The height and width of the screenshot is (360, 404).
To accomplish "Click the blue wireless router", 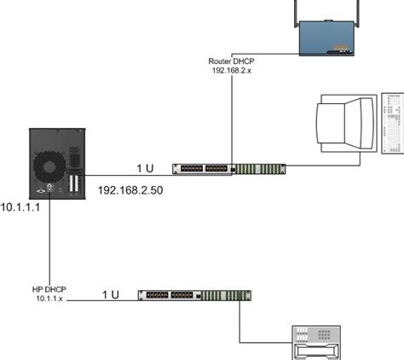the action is point(326,38).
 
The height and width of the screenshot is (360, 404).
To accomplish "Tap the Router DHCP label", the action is point(231,61).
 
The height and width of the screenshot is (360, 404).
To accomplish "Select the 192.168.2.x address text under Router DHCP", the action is point(232,71).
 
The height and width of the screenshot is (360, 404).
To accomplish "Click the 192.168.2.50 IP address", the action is point(130,190).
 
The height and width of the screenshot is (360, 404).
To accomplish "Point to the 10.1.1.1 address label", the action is point(20,207).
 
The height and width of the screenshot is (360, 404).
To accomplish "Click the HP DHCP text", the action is point(49,289).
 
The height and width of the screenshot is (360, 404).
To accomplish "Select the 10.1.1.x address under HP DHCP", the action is point(49,299).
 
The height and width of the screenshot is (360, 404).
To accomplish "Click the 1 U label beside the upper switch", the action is point(145,168).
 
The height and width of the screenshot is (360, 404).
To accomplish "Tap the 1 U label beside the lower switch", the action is point(111,294).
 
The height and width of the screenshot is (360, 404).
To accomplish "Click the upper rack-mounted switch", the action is point(229,169).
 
